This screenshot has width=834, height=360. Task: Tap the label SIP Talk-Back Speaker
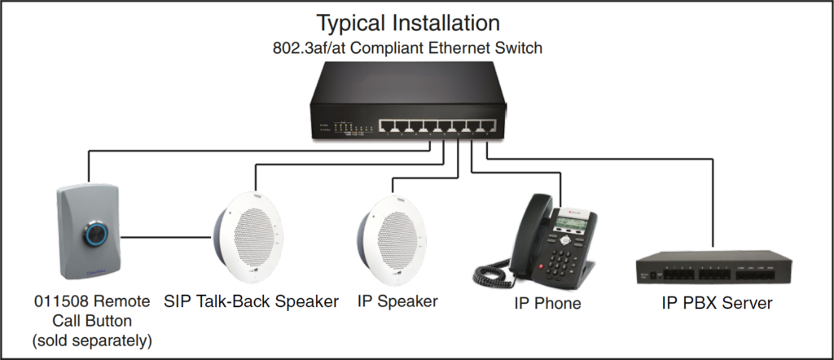point(251,302)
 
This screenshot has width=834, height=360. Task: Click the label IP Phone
point(547,304)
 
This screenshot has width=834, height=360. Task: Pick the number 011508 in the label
point(59,302)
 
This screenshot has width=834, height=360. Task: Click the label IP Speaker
point(397,301)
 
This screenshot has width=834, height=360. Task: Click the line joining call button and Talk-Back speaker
point(168,238)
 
